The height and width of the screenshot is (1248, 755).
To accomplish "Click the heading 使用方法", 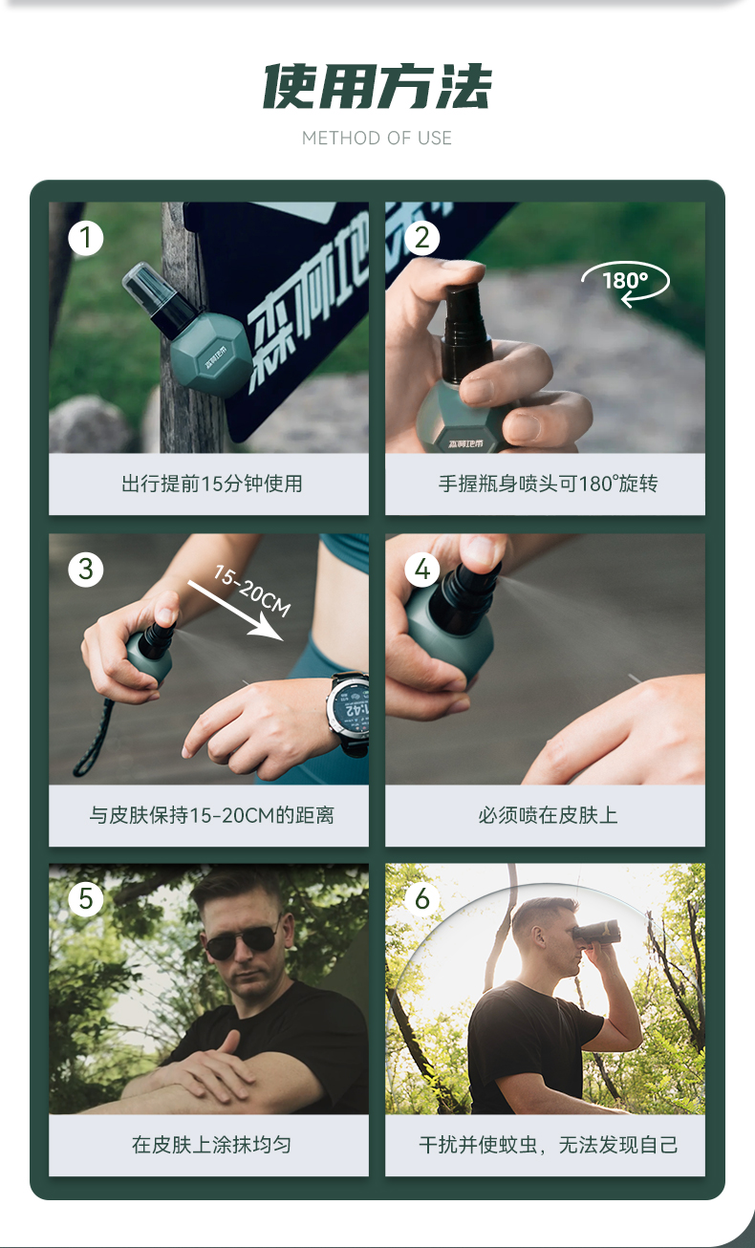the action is [377, 86].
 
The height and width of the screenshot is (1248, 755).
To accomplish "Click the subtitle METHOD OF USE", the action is [377, 139].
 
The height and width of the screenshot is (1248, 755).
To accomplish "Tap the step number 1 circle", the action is [86, 238].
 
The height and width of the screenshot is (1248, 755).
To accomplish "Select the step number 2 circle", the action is [422, 238].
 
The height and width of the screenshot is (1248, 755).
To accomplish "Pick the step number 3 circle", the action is [86, 569].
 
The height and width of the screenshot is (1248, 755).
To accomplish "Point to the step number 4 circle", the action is [422, 569].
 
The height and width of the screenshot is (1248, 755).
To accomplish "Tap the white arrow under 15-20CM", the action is [236, 612].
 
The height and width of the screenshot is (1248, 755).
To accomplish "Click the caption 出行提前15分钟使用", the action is [212, 484].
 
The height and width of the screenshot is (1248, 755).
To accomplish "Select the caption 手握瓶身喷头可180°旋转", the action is [548, 484].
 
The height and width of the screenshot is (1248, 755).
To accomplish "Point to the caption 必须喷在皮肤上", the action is [548, 815].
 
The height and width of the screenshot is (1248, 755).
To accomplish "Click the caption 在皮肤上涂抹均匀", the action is [212, 1145].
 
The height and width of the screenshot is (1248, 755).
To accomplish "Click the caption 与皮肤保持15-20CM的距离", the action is [212, 815].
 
